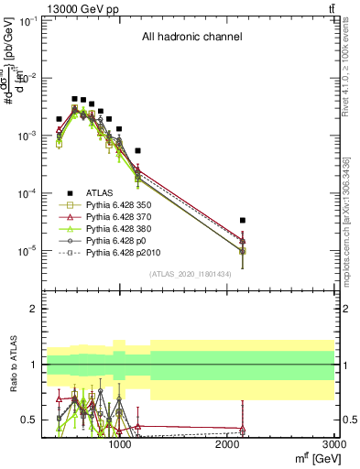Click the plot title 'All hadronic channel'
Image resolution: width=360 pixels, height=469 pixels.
[x=191, y=38]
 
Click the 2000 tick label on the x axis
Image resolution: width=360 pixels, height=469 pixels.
[x=227, y=445]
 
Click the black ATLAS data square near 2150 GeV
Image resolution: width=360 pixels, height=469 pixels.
[x=243, y=220]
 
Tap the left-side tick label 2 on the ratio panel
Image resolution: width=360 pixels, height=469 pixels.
[x=30, y=309]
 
